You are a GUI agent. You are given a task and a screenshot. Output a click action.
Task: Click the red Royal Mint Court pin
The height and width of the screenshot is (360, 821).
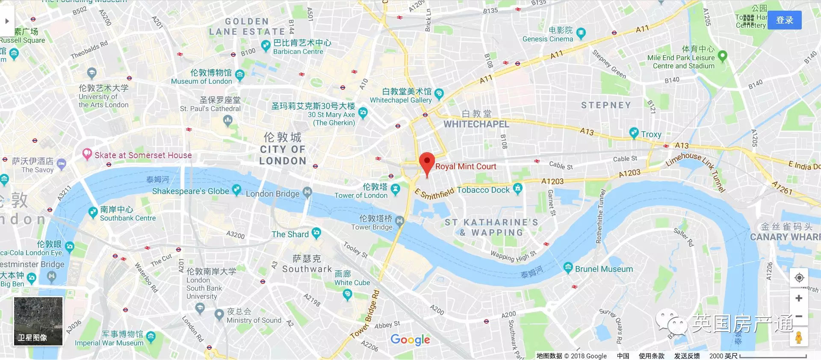tap(427, 162)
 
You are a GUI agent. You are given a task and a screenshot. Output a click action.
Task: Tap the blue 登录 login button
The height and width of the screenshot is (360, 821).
tap(784, 20)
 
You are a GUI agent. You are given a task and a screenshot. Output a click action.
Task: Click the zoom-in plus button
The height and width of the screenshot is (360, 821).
tap(798, 298)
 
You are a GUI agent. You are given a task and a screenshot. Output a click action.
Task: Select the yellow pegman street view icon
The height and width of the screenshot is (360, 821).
tap(798, 337)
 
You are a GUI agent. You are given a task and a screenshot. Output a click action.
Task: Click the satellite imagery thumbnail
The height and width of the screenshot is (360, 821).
tap(38, 321)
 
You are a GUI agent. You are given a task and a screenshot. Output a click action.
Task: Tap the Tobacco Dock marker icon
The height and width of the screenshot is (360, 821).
tap(517, 188)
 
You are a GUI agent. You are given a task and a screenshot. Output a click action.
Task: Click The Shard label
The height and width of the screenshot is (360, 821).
tap(290, 234)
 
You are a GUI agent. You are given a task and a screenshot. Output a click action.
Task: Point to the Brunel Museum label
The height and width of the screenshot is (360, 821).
tap(603, 269)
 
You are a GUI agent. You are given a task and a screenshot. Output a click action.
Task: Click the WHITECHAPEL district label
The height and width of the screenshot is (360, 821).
tap(476, 124)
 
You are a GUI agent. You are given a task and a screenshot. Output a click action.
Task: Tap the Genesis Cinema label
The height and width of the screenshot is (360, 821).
tap(547, 39)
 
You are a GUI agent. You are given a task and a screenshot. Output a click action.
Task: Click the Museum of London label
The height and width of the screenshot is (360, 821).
tap(201, 81)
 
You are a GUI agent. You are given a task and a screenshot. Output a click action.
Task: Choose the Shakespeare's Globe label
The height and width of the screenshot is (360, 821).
tap(190, 191)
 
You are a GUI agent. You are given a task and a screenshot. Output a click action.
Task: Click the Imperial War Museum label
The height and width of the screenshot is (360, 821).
tap(109, 343)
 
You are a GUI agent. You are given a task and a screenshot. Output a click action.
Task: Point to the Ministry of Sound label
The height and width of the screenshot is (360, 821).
tap(254, 320)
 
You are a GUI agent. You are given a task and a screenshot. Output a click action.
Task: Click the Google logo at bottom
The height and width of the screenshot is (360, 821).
tap(410, 340)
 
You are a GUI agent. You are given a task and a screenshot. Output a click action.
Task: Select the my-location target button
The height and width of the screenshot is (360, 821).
tap(798, 277)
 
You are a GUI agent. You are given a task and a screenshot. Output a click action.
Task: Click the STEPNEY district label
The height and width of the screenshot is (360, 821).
tap(605, 105)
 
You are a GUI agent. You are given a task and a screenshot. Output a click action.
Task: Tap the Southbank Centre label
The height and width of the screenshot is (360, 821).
tap(127, 218)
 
